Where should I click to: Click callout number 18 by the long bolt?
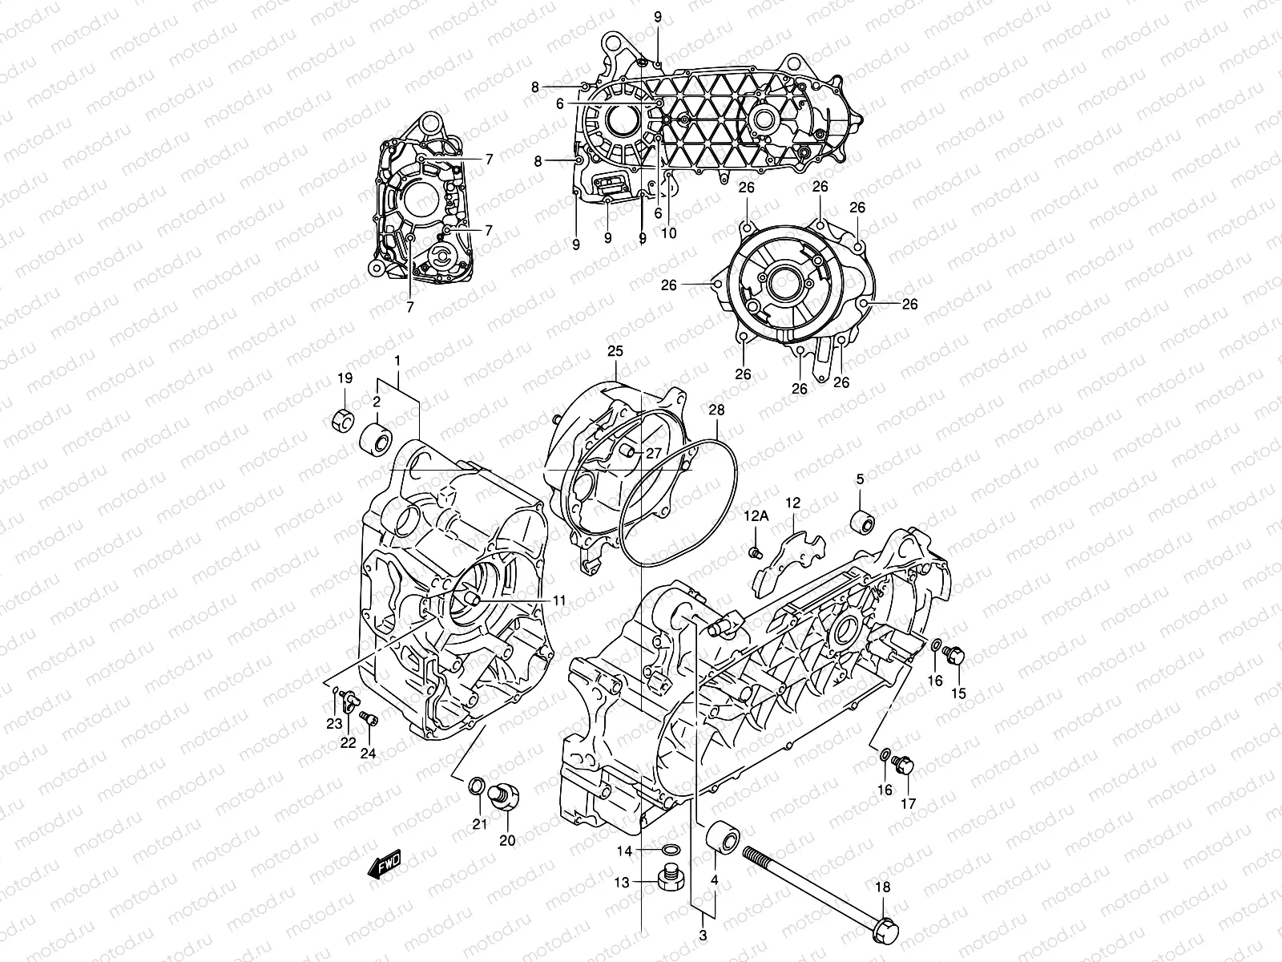pyautogui.click(x=882, y=887)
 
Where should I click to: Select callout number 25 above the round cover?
pyautogui.click(x=614, y=351)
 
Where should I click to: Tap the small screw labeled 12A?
pyautogui.click(x=754, y=552)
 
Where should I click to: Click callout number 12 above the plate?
pyautogui.click(x=792, y=503)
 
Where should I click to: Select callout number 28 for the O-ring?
pyautogui.click(x=716, y=410)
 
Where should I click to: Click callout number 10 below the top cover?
pyautogui.click(x=668, y=233)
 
